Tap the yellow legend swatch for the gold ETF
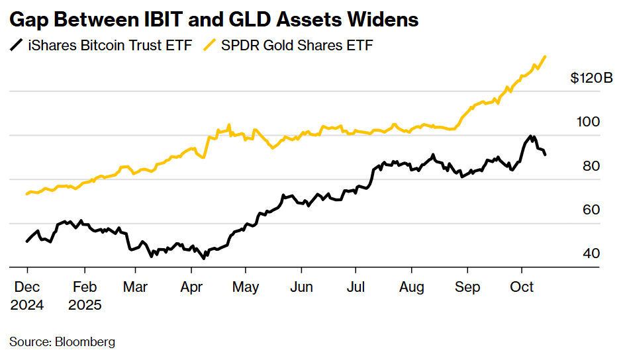(x=210, y=45)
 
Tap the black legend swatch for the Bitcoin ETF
(x=16, y=45)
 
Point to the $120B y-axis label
(x=591, y=78)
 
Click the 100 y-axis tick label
(x=589, y=122)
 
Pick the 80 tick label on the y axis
(x=591, y=166)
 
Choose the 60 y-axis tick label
(x=591, y=210)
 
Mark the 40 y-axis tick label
(x=591, y=253)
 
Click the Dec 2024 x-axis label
(x=27, y=296)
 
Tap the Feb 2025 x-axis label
(x=84, y=296)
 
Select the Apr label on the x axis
(x=191, y=288)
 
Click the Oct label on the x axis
(x=522, y=288)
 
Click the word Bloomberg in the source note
(x=85, y=342)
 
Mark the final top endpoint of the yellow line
(x=545, y=57)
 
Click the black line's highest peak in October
(x=530, y=136)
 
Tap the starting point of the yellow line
(x=26, y=194)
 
